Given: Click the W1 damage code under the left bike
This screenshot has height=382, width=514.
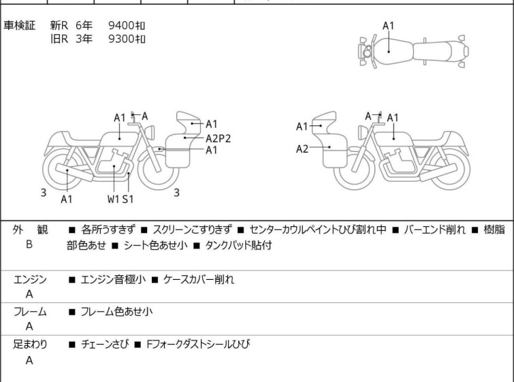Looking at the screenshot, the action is click(113, 199).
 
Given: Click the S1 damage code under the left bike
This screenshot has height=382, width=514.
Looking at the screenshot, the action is click(128, 199).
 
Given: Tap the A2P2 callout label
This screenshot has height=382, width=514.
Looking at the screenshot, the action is click(219, 139).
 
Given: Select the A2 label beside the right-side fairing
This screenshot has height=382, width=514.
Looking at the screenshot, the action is click(302, 149).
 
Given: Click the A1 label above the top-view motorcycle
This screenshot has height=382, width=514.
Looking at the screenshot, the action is click(389, 26).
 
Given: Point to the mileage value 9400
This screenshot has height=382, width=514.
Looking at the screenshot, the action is click(121, 25).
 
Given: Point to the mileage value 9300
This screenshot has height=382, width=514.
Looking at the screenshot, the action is click(121, 39).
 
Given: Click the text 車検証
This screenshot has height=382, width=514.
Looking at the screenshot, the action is click(19, 25).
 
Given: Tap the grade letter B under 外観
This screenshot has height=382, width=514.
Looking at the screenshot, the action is click(29, 244).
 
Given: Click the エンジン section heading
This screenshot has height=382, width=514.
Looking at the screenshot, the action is click(30, 279).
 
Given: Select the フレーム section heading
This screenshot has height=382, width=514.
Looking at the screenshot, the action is click(30, 311).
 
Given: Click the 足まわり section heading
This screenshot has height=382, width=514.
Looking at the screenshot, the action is click(30, 345).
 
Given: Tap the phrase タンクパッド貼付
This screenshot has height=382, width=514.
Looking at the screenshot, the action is click(238, 245).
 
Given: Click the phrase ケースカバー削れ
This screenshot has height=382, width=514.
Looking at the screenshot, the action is click(199, 279).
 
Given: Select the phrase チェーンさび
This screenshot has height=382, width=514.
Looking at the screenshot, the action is click(105, 345).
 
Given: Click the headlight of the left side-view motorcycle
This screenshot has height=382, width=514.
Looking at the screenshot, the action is click(150, 132).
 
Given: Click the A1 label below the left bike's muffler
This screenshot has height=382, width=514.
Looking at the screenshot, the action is click(67, 199).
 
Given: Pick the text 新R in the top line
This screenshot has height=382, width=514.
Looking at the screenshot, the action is click(59, 25).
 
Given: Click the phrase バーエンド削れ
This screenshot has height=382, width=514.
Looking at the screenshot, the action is click(434, 229).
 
